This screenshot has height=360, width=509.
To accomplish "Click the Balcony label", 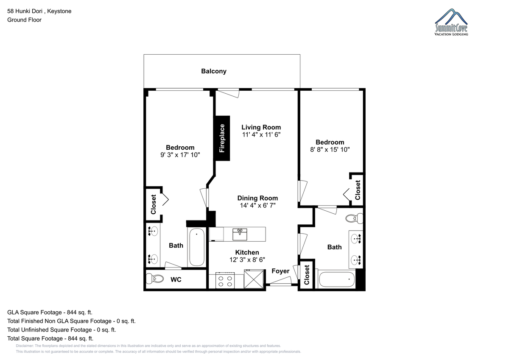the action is [x=214, y=71].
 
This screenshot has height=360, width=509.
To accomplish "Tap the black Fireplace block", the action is [x=221, y=138].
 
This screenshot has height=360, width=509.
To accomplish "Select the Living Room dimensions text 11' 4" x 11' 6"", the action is [x=261, y=135].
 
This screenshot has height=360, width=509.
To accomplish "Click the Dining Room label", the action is [x=257, y=198].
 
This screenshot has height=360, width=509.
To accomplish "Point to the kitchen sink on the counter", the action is [x=240, y=234].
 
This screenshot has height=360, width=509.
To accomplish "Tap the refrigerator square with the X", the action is [x=254, y=279].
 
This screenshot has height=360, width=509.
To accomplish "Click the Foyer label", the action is [x=280, y=271].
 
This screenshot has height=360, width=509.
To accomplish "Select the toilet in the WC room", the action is [x=154, y=279].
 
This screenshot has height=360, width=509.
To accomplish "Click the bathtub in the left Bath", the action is [x=197, y=247].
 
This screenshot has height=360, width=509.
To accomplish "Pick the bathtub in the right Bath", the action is [x=337, y=279].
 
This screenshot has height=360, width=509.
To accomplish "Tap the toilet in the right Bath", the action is [x=354, y=218].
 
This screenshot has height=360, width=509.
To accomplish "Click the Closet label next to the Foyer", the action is [x=307, y=275].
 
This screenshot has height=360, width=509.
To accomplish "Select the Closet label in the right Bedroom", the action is [x=358, y=190].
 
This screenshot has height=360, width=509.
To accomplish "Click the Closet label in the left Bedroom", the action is [x=154, y=204].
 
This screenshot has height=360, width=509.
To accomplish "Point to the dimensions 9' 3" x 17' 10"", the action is [x=180, y=155].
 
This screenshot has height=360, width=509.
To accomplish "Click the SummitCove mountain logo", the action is [x=451, y=22].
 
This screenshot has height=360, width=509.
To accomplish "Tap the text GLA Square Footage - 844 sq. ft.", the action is [x=50, y=313].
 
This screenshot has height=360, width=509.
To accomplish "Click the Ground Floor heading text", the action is [x=24, y=20].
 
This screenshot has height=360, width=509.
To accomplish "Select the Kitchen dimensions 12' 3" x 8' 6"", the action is [x=247, y=260].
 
